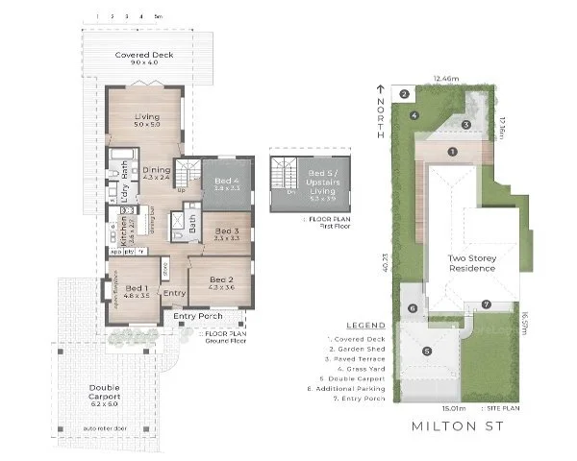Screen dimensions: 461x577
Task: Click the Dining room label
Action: pyautogui.click(x=156, y=172)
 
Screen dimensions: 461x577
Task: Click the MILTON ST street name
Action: pyautogui.click(x=446, y=424)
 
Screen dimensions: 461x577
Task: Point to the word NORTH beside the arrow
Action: pyautogui.click(x=381, y=117)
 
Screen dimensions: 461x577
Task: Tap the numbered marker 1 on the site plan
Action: pyautogui.click(x=452, y=152)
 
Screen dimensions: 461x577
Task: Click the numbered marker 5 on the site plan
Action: pyautogui.click(x=426, y=352)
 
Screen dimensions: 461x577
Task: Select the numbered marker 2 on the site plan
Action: pyautogui.click(x=405, y=93)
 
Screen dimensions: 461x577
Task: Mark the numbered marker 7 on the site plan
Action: pyautogui.click(x=487, y=305)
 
